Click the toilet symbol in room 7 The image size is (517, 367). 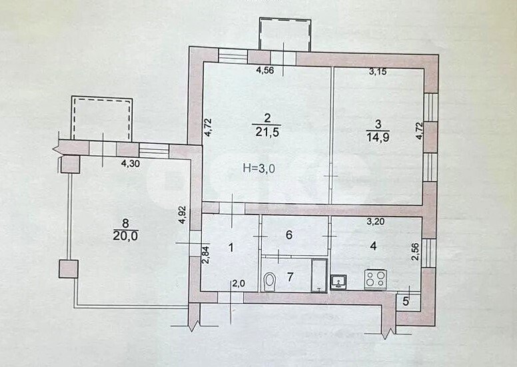[x=270, y=281]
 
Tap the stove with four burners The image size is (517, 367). [x=376, y=280]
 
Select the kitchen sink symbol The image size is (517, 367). [x=338, y=282]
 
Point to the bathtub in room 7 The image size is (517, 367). [x=319, y=275]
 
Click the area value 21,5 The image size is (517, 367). [x=267, y=133]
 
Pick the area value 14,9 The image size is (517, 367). [x=378, y=137]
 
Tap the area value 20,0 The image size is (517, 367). [x=126, y=236]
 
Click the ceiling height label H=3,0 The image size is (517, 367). [x=258, y=169]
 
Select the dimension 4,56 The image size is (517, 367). [x=265, y=70]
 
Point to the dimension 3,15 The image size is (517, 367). [x=377, y=71]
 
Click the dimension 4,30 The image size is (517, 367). [x=131, y=163]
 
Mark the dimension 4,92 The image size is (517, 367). [x=183, y=215]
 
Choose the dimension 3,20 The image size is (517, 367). [x=376, y=222]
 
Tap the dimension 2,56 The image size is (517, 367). [x=416, y=252]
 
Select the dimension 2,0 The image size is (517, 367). [x=239, y=284]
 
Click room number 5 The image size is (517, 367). [x=406, y=301]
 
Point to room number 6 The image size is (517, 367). [x=289, y=234]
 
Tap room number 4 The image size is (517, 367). [x=373, y=246]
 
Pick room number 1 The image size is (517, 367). [x=231, y=247]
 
